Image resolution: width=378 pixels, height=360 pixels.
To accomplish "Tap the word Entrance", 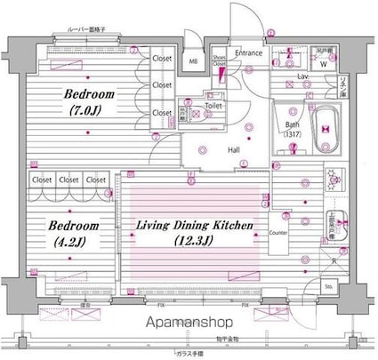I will point(249,53).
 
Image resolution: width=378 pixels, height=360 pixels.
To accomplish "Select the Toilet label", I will point(213,105).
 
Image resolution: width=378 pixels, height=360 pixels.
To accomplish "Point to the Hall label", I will point(232,150).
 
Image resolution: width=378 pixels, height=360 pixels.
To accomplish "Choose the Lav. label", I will point(303,78).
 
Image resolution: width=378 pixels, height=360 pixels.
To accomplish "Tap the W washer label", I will point(323,65).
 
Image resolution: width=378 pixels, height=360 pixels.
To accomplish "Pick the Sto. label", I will point(327,286).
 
